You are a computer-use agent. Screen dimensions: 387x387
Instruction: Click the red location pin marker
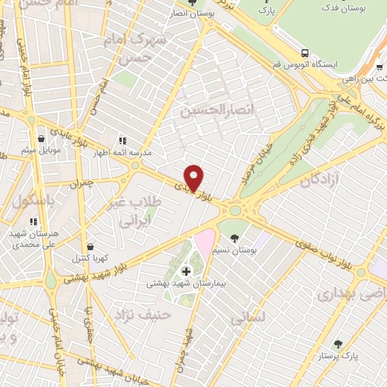(x=194, y=178)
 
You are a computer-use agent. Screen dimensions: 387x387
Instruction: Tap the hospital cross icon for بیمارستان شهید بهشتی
(x=186, y=271)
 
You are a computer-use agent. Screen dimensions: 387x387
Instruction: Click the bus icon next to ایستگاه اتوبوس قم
(x=304, y=53)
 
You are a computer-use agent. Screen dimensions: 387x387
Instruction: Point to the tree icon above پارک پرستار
(x=338, y=344)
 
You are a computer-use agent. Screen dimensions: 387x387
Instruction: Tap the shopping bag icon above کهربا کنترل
(x=91, y=246)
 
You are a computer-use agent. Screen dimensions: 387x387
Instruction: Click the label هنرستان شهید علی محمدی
(x=29, y=240)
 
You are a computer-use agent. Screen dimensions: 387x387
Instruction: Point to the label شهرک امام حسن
(x=138, y=47)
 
